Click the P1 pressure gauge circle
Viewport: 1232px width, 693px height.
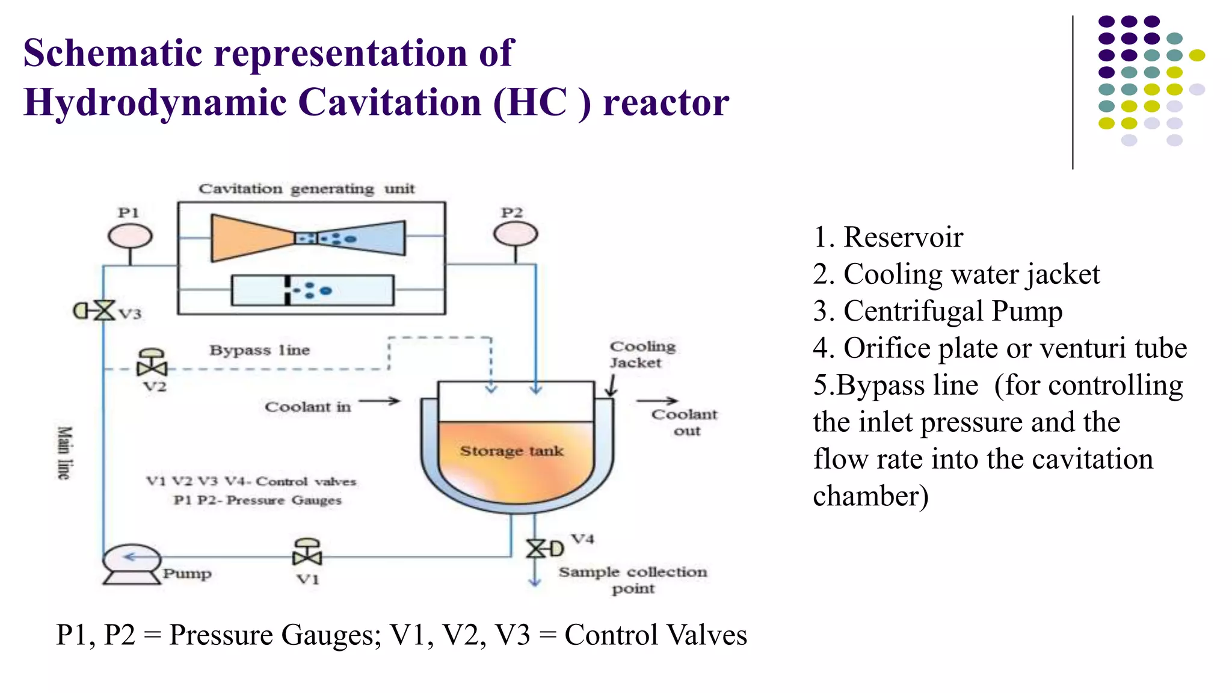[x=130, y=235]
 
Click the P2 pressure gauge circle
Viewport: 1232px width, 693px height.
[x=516, y=234]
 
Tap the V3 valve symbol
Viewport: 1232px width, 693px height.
[x=103, y=311]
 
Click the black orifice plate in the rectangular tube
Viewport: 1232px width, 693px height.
[x=288, y=291]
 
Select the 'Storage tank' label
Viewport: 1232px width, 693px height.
[x=511, y=451]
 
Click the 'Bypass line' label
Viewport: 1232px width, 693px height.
[x=259, y=350]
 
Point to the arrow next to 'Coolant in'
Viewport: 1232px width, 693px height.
[x=380, y=401]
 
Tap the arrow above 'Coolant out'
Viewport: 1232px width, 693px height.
[x=657, y=400]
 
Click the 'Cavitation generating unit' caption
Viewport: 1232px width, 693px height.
[x=306, y=189]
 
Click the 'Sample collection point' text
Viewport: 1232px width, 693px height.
[x=633, y=579]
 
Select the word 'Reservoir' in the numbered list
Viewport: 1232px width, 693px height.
[x=903, y=237]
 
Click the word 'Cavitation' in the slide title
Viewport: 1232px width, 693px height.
[x=392, y=102]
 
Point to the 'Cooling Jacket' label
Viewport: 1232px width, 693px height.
[x=642, y=354]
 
